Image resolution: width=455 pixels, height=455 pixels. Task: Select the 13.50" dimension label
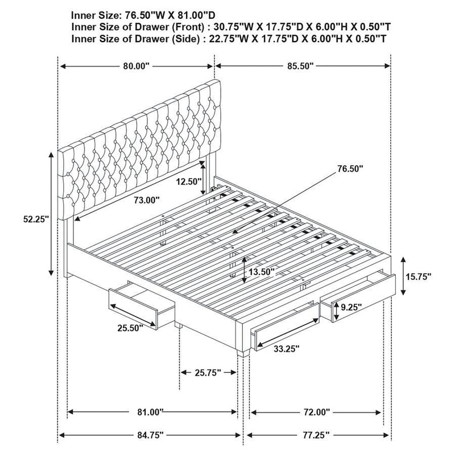[x=262, y=272]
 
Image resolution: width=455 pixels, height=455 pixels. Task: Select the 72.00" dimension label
[x=316, y=411]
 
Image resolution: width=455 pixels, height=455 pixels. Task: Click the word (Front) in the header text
[x=174, y=26]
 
